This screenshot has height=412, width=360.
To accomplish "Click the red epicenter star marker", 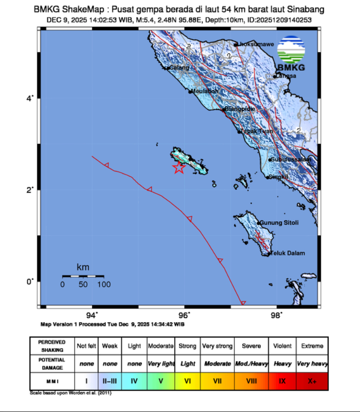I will tap(179, 168).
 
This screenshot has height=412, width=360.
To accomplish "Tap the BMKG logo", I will tap(291, 53).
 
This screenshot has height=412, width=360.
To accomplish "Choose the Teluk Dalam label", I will tap(287, 253).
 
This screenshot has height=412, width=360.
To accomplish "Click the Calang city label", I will tap(179, 68).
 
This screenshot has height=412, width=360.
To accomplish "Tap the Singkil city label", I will tap(278, 177).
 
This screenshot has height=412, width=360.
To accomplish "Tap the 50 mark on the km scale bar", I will tap(83, 284).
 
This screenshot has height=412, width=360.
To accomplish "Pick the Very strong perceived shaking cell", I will tap(217, 346).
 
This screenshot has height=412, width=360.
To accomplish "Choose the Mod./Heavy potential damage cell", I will tap(251, 364).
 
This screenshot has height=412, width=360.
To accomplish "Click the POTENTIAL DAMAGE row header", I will tap(51, 363).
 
